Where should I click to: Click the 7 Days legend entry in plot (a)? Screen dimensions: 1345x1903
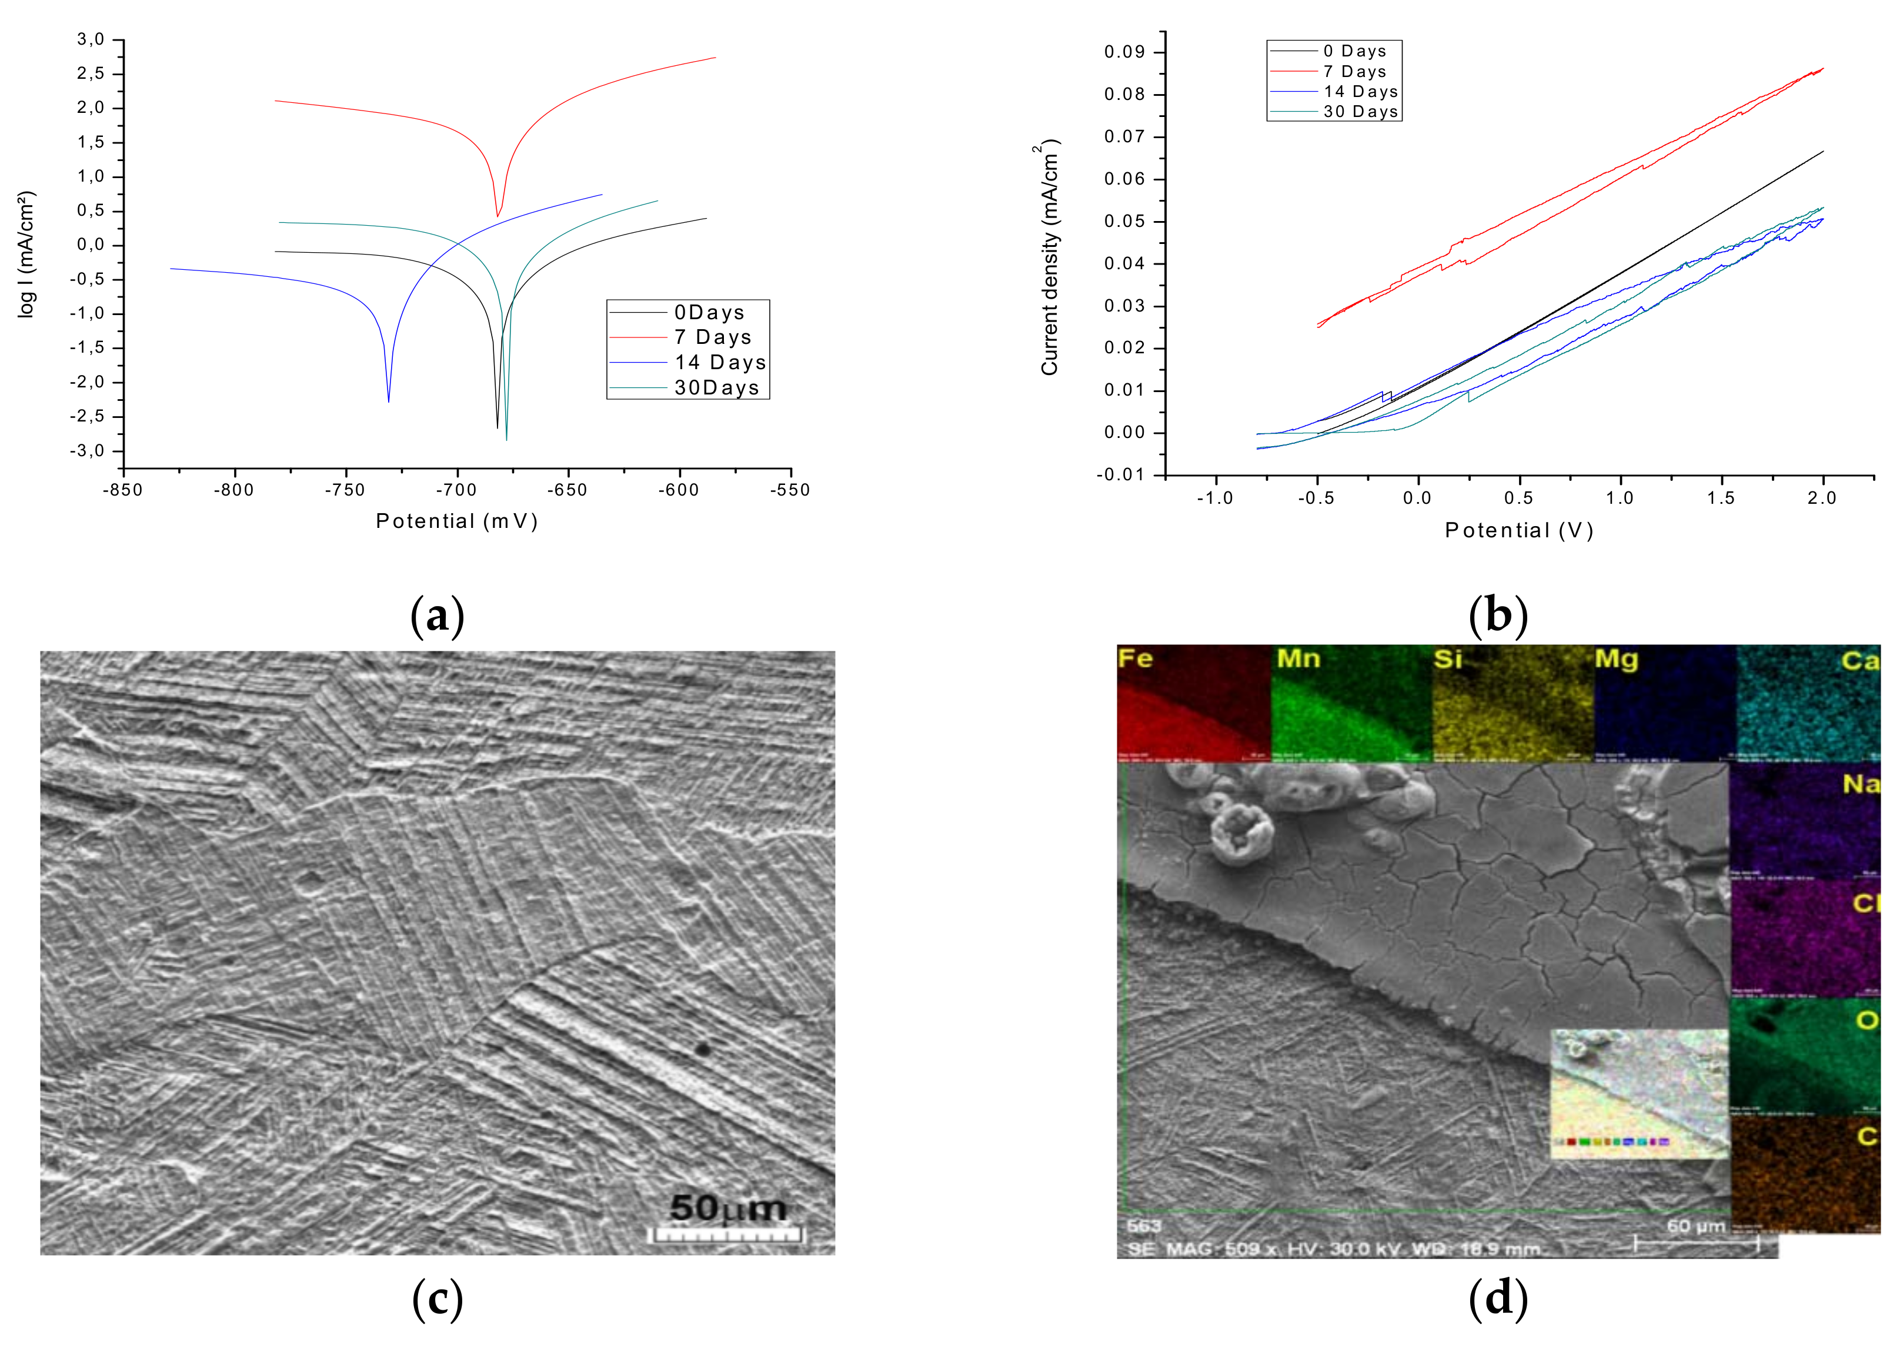click(712, 337)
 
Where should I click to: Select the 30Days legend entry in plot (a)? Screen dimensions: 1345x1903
click(716, 388)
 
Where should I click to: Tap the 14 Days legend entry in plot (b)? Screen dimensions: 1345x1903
click(1360, 92)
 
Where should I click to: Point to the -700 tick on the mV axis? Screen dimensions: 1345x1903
click(457, 490)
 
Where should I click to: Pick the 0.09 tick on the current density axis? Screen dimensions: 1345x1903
click(1124, 52)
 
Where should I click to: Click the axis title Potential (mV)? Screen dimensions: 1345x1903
click(457, 521)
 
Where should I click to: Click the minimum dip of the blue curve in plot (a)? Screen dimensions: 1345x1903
click(389, 401)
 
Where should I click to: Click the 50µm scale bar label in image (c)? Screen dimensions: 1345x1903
click(727, 1208)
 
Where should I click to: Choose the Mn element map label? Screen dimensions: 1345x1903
click(1298, 659)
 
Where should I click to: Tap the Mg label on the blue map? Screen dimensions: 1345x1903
click(1616, 660)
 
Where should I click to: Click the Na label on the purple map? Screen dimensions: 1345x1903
click(1860, 784)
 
